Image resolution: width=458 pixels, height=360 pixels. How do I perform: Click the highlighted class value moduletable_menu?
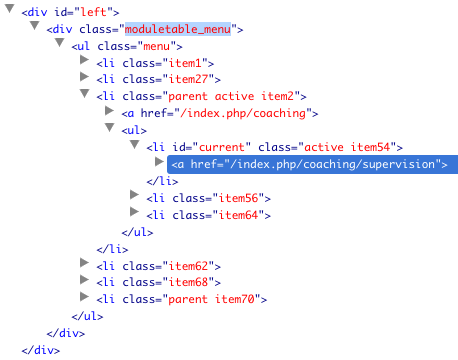coord(178,29)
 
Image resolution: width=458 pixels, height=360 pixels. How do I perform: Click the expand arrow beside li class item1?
coord(84,60)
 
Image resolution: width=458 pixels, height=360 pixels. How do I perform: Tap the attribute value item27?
coord(188,79)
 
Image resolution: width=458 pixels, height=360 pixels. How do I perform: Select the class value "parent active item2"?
coord(231,96)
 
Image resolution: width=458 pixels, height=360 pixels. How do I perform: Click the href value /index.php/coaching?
coord(242,113)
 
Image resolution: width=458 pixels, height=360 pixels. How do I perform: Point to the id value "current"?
coord(222,147)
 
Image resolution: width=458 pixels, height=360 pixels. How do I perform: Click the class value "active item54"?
coord(347,147)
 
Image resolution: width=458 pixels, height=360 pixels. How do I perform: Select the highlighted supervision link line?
coord(312,164)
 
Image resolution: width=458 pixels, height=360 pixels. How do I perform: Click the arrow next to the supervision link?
coord(159,162)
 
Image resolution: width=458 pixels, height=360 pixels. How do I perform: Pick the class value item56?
coord(238,198)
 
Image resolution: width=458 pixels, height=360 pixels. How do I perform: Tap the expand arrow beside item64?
coord(134,211)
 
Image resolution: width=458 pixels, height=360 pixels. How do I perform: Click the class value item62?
coord(188,266)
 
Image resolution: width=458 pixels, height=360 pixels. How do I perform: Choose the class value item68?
coord(188,282)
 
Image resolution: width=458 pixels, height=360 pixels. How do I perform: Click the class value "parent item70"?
coord(211,299)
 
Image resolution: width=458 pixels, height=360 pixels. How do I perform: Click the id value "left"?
coord(93,12)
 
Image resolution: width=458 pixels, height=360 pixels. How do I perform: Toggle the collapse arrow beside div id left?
coord(10,9)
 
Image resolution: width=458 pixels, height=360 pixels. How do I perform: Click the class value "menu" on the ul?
coord(156,46)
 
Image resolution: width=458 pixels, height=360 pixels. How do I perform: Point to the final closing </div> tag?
coord(41,350)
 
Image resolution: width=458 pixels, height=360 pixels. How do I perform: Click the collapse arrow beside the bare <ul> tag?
coord(110,128)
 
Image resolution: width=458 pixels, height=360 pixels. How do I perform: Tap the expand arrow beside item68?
coord(84,279)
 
